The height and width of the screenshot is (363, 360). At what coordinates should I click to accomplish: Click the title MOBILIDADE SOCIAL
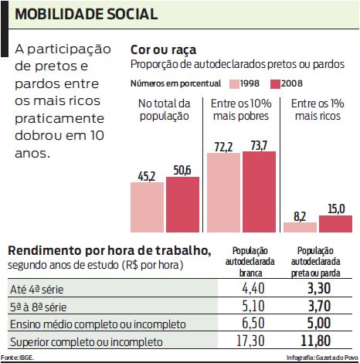point(87,15)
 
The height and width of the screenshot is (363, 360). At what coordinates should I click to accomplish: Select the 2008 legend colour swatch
point(274,83)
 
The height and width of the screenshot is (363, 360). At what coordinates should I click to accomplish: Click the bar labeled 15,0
point(335,224)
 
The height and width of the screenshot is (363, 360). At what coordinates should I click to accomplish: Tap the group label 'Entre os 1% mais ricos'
point(318,110)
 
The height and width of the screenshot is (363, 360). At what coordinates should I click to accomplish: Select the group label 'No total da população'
point(164,110)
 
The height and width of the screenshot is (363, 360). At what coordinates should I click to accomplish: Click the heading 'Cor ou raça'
point(161,49)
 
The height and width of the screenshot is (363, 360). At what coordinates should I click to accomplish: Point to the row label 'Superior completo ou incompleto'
point(85,341)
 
